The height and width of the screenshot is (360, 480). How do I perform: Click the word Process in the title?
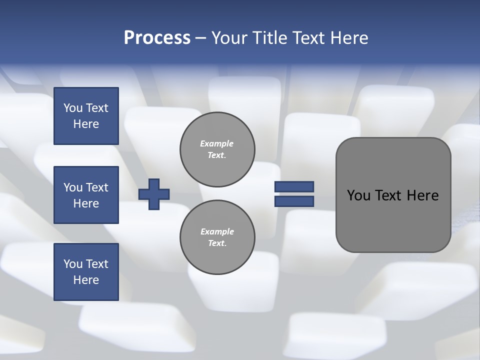(157, 38)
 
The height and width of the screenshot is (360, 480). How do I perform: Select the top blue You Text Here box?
(86, 116)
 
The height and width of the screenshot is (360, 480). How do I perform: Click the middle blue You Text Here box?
(86, 195)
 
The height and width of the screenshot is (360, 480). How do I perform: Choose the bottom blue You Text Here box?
(86, 272)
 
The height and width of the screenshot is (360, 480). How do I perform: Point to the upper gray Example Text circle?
(217, 149)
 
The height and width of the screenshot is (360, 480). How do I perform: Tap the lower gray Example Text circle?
(217, 237)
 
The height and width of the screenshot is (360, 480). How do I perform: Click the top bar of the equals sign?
(294, 187)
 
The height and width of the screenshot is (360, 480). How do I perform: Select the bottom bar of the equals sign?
(294, 201)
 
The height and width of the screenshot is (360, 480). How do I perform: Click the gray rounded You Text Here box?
(393, 195)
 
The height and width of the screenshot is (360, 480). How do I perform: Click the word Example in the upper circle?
(217, 143)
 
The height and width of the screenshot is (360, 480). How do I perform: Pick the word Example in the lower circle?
(217, 231)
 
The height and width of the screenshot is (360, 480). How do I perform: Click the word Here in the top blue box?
(86, 124)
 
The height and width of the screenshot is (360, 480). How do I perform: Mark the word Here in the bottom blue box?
(86, 280)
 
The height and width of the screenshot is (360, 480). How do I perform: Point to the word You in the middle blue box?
(72, 187)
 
